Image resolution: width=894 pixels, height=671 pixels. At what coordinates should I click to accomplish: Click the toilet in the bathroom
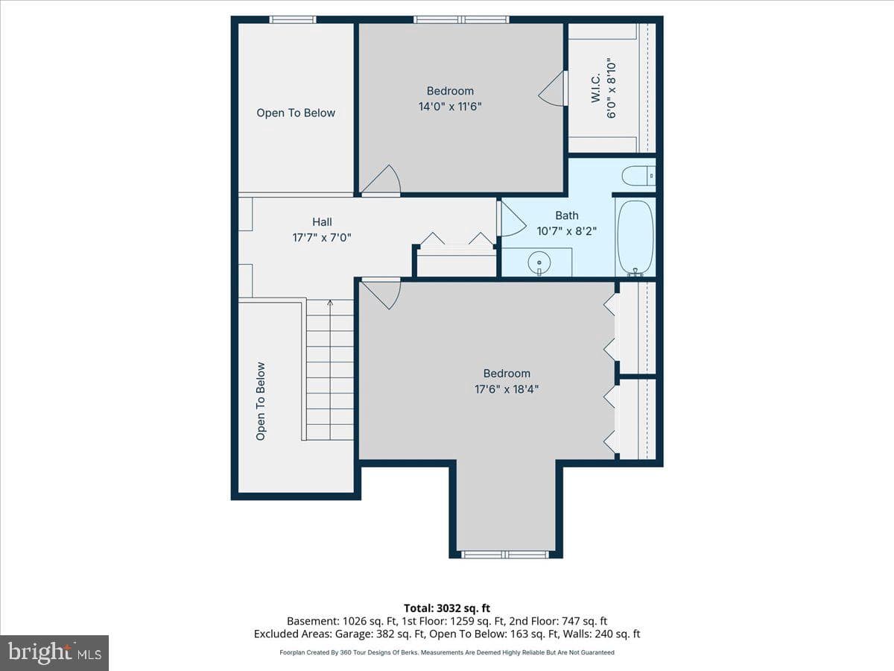[x=638, y=176]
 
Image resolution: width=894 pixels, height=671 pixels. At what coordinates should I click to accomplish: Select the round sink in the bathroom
[x=539, y=262]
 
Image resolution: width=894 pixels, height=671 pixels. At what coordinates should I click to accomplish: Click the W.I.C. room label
[x=595, y=88]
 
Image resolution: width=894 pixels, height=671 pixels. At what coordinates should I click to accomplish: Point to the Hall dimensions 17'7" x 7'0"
[x=322, y=238]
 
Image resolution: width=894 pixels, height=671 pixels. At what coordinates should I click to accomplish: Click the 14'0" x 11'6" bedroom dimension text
[x=450, y=107]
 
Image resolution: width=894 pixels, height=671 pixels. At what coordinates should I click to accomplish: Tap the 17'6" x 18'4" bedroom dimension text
[x=507, y=389]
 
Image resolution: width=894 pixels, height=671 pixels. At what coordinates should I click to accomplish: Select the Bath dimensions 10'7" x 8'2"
[x=566, y=231]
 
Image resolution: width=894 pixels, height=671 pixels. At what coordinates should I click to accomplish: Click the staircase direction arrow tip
[x=330, y=301]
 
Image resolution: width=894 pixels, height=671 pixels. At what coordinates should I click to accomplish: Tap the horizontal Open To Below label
[x=296, y=113]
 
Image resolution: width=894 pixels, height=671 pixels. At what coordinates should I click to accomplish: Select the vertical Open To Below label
[x=260, y=401]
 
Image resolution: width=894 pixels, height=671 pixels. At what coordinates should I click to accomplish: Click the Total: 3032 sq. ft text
[x=447, y=608]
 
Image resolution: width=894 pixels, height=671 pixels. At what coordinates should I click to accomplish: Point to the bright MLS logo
[x=54, y=652]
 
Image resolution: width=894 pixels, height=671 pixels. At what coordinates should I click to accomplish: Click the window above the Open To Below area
[x=293, y=19]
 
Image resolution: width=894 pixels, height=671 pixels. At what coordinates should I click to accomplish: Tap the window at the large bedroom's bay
[x=505, y=554]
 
